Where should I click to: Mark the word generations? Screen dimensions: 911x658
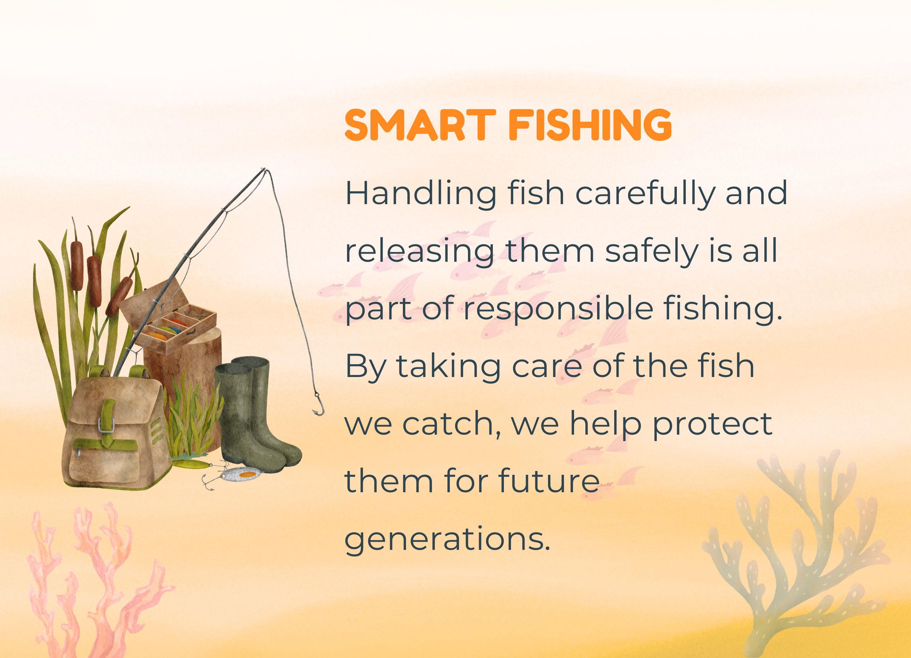point(447,541)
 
